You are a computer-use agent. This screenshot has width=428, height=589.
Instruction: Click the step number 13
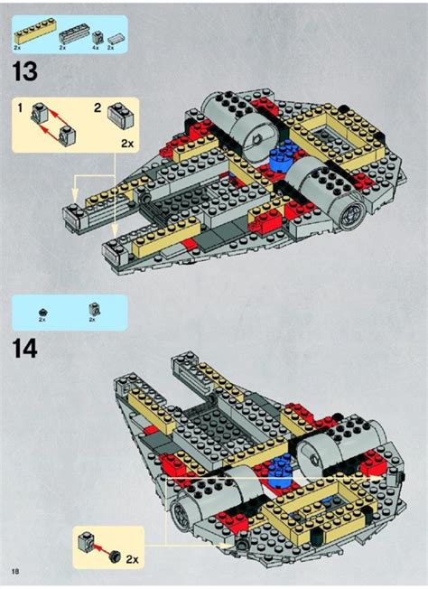[25, 71]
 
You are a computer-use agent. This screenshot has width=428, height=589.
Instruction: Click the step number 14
[25, 349]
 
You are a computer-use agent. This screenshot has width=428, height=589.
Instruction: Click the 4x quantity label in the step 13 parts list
[96, 48]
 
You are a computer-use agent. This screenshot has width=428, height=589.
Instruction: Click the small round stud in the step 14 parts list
[42, 312]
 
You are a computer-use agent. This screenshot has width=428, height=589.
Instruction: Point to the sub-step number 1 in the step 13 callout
[20, 108]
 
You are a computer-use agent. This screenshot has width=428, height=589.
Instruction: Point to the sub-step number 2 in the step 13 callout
[98, 108]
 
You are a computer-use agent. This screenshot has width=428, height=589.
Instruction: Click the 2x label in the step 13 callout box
[127, 143]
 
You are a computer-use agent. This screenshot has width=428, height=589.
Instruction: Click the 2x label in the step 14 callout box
[132, 560]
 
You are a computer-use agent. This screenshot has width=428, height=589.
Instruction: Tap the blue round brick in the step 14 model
[280, 469]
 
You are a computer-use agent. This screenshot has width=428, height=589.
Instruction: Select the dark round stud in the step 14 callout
[115, 555]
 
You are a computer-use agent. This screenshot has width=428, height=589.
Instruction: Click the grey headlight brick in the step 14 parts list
[94, 310]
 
